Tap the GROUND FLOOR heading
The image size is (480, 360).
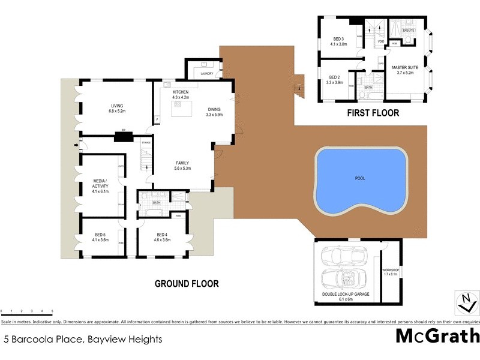pyautogui.click(x=187, y=284)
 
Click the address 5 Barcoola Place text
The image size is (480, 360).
pyautogui.click(x=83, y=339)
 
